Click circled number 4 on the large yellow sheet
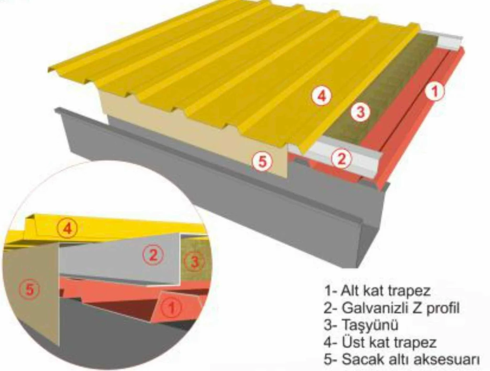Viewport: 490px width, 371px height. pos(321,97)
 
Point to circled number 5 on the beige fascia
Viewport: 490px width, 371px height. pos(262,162)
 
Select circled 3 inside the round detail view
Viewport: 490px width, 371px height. pos(193,261)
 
